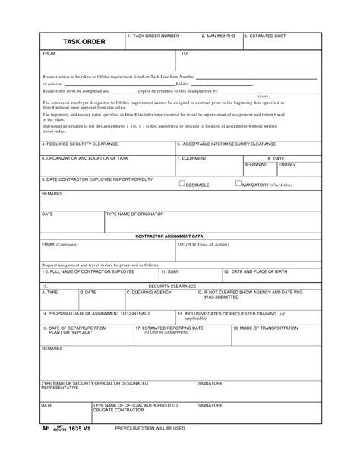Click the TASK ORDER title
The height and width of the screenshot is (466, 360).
point(84,40)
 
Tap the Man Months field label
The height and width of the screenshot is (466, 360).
point(219,36)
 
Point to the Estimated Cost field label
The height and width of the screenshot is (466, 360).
point(265,36)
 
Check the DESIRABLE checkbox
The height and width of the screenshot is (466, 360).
point(182,183)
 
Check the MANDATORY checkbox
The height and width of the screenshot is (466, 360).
point(238,183)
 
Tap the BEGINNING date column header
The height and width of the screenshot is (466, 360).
point(256,164)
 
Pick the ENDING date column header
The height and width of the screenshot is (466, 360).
point(287,164)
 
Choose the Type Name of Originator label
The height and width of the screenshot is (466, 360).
point(134,214)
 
